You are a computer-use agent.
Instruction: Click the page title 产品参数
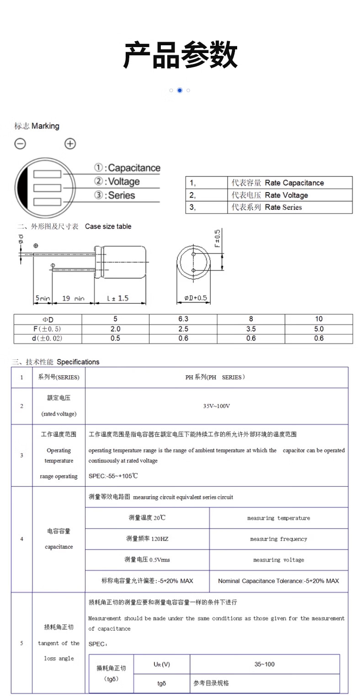point(180,56)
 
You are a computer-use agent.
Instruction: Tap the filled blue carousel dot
point(180,90)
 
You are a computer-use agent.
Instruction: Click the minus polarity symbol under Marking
point(21,144)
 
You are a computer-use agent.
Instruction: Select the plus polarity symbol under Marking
point(70,144)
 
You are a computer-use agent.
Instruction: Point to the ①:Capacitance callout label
point(127,168)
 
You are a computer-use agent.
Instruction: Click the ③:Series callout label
point(115,195)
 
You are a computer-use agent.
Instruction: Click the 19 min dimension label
point(73,299)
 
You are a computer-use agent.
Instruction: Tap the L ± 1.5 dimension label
point(118,298)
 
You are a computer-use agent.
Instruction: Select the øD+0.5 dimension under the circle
point(196,298)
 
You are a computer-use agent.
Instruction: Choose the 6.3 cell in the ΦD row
point(183,319)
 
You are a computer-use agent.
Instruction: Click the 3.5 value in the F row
point(251,329)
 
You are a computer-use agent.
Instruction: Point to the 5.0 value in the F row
point(319,329)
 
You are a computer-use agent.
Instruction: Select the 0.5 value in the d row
point(115,338)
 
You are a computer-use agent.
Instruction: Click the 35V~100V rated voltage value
point(217,406)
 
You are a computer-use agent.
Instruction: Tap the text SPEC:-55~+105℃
point(113,476)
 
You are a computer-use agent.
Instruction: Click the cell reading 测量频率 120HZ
point(147,539)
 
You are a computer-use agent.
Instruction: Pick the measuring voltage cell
point(278,560)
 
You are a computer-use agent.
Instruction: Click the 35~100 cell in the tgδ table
point(265,664)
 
